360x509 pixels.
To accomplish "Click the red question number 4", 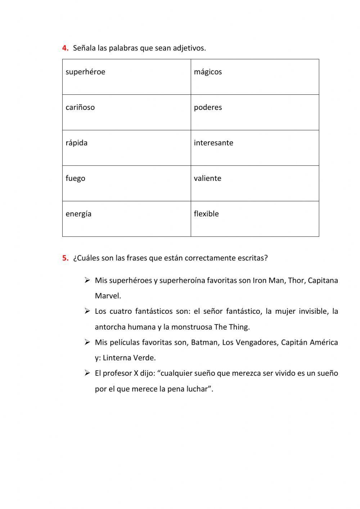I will coord(65,48).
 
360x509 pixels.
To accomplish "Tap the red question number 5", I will coord(65,258).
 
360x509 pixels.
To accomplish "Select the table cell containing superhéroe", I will coord(126,77).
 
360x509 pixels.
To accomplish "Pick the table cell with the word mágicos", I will coord(255,77).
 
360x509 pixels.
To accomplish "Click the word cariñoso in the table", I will coord(80,107).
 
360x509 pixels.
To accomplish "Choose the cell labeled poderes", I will coord(255,112).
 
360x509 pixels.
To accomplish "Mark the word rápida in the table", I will coord(77,143).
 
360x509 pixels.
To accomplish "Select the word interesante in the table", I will coord(213,143).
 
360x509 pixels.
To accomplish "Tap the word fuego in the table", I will coord(76,178).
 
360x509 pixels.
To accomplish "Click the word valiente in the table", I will coord(208,178).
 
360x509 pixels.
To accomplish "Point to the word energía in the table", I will coord(78,214).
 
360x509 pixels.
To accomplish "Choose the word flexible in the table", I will coord(206,214).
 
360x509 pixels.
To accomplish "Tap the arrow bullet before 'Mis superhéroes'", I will coord(87,280).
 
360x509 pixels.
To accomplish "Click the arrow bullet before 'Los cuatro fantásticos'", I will coord(87,311).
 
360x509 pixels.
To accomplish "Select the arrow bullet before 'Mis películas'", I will coord(87,342).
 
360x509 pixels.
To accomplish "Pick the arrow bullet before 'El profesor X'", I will coord(87,373).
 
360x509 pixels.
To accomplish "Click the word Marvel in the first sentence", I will coord(108,296).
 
